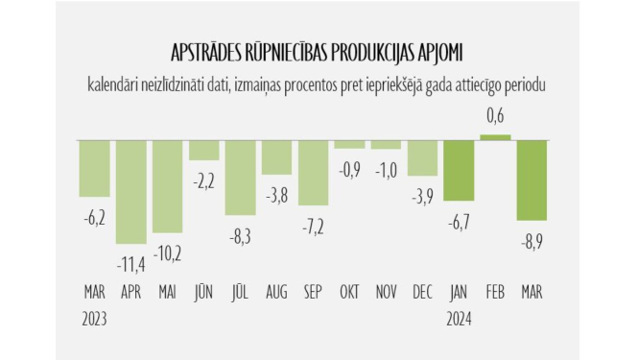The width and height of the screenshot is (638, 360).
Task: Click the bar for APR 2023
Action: [130, 192]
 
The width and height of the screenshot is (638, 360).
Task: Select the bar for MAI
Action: [167, 188]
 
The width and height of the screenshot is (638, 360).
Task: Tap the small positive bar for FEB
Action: [495, 138]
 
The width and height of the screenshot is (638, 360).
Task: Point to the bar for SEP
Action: [314, 174]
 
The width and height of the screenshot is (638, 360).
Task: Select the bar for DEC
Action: [423, 158]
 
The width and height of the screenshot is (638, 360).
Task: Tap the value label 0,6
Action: [495, 116]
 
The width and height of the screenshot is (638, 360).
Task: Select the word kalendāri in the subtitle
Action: [115, 86]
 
